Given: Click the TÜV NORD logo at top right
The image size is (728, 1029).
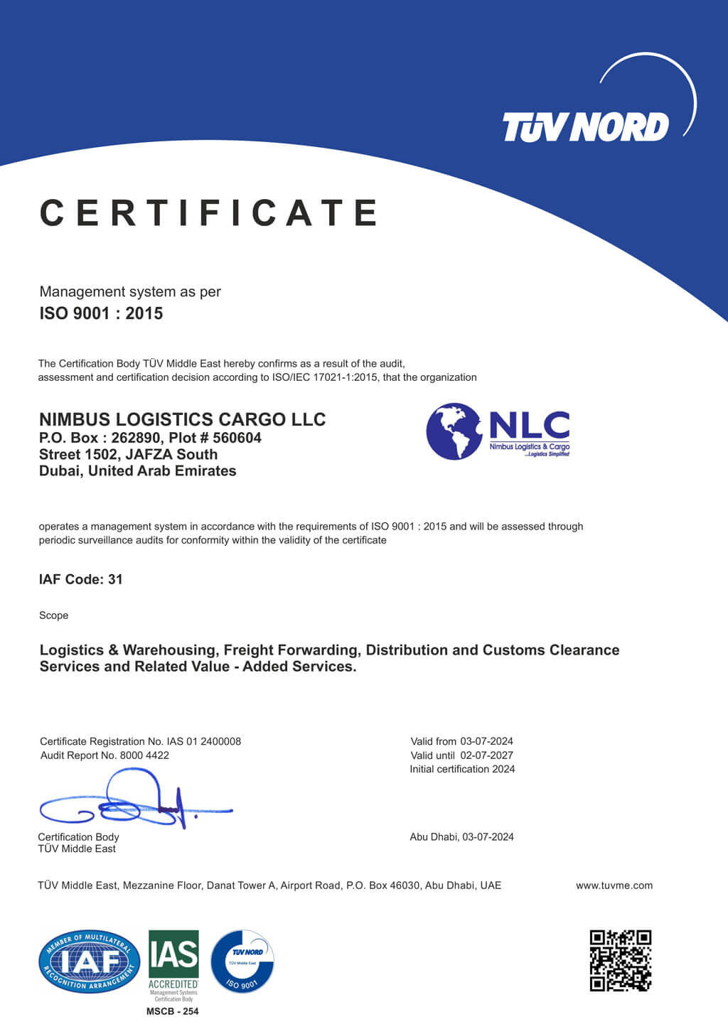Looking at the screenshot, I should (586, 126).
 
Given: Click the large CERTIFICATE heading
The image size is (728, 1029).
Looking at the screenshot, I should (209, 213).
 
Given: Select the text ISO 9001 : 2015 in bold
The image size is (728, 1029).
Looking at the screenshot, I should (101, 313).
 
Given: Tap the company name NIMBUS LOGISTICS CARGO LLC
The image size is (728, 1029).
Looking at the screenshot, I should (182, 419).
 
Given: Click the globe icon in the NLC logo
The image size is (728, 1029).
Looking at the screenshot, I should (454, 431).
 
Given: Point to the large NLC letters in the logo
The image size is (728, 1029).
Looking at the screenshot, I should (529, 425).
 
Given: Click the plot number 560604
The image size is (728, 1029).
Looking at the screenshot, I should (237, 438).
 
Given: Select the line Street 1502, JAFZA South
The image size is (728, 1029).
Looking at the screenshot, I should (128, 454).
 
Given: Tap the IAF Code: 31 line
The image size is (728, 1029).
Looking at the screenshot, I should (80, 579).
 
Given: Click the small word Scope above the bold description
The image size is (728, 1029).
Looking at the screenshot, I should (53, 615).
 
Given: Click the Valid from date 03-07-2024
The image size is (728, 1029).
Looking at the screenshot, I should (486, 741).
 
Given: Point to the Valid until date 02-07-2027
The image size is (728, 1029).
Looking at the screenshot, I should (486, 755).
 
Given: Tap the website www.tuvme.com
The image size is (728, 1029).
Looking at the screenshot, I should (614, 885).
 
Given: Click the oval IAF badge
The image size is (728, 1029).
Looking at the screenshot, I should (90, 961).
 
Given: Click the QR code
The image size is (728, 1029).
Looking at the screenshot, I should (620, 960).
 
